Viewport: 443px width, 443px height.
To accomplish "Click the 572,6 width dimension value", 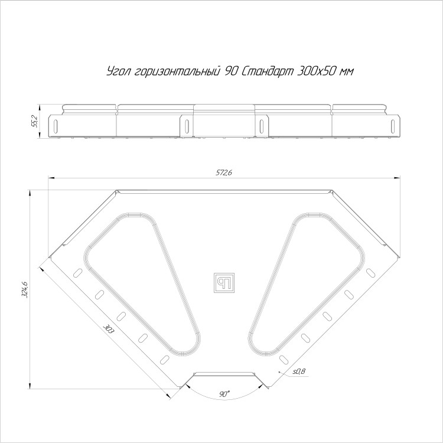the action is [x=224, y=172].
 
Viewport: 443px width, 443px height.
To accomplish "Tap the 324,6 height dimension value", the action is [x=24, y=290].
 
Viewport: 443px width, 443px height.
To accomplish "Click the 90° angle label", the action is [x=224, y=394].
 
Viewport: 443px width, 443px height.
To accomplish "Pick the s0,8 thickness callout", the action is [x=299, y=372].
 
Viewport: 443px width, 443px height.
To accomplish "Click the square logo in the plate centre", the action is [x=224, y=283].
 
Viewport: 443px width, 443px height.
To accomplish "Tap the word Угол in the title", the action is [x=119, y=71].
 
